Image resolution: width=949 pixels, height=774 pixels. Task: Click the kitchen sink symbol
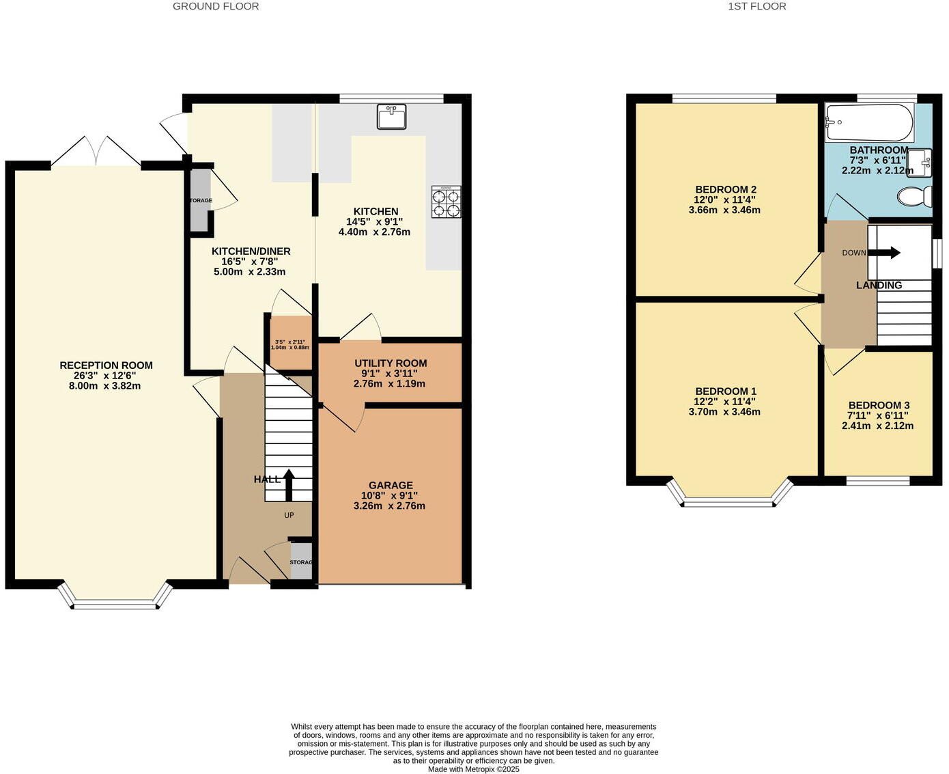[391, 116]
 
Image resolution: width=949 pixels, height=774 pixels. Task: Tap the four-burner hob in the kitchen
[446, 202]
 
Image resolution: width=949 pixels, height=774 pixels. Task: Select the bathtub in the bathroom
[868, 122]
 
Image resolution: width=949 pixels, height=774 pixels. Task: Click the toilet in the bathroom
[915, 197]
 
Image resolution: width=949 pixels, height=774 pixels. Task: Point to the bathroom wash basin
[920, 162]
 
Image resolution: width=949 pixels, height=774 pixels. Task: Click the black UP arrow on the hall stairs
[288, 484]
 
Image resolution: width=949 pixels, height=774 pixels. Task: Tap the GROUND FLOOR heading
[216, 6]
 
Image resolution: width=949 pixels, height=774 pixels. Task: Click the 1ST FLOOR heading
[756, 6]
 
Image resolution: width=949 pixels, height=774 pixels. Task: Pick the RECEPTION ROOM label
[106, 365]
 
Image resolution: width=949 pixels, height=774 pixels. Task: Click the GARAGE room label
[391, 486]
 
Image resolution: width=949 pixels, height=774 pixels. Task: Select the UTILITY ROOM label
[391, 363]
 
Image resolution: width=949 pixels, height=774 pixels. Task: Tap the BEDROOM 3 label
[879, 405]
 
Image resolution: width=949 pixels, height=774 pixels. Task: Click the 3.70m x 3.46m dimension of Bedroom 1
[724, 412]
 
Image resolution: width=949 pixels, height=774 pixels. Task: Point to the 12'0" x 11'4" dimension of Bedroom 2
[724, 199]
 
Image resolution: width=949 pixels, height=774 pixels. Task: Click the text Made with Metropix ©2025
[473, 769]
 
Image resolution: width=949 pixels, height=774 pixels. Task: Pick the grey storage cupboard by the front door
[301, 562]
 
